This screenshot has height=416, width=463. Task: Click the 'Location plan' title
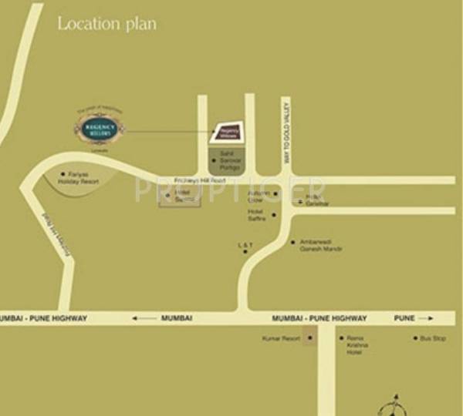click(106, 24)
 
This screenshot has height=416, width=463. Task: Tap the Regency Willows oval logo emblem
click(99, 129)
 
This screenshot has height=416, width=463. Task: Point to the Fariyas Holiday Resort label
click(85, 178)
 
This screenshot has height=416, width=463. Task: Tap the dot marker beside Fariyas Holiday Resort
click(62, 175)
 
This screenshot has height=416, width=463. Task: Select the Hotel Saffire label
click(257, 215)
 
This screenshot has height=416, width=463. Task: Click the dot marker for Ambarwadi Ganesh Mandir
click(292, 242)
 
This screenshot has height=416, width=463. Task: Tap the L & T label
click(245, 245)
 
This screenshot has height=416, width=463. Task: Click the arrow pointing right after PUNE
click(427, 318)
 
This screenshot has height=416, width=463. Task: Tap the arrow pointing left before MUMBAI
click(143, 317)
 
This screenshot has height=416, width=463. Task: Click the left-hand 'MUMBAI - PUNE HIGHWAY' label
click(44, 317)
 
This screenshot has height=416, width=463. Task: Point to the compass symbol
click(391, 404)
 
